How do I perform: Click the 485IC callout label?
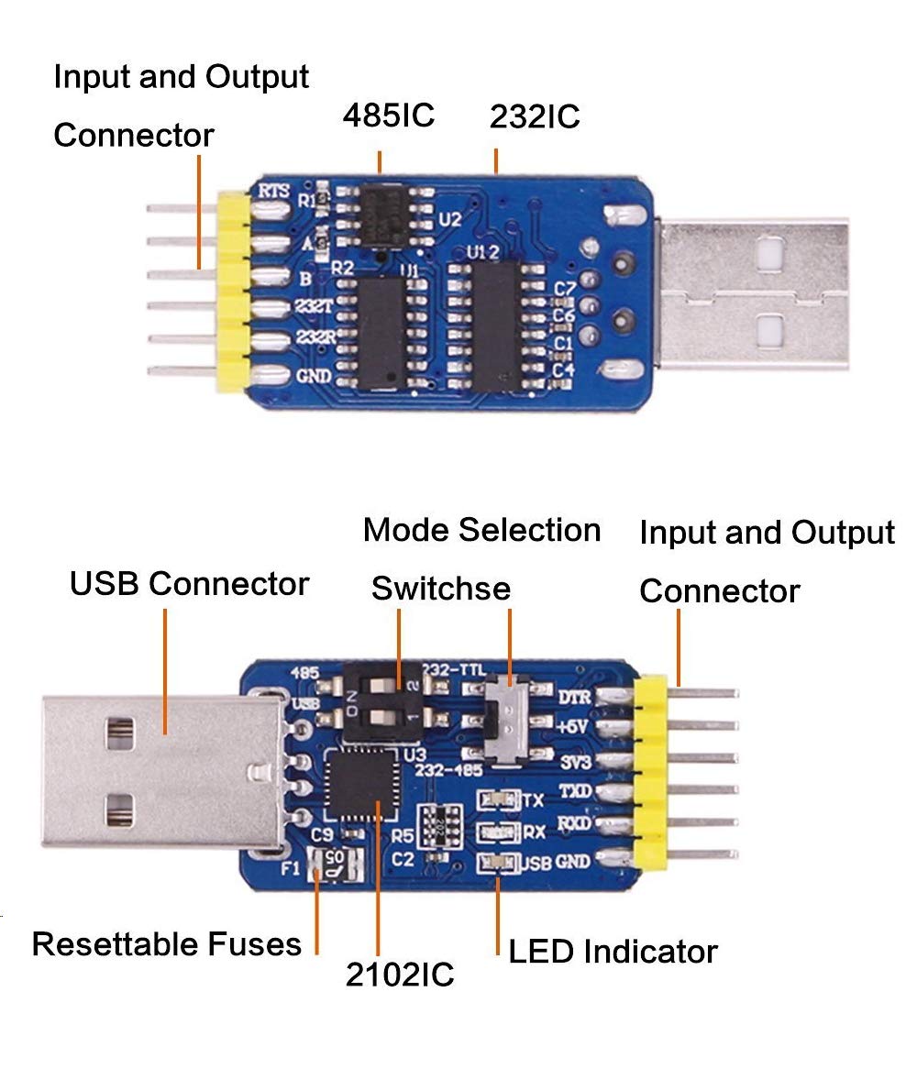click(x=388, y=116)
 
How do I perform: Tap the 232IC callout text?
click(x=535, y=117)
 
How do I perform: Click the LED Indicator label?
click(x=613, y=952)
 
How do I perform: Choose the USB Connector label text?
click(x=189, y=583)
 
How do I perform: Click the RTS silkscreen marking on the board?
click(x=274, y=192)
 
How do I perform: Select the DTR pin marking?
click(x=574, y=698)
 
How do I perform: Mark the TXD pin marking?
click(x=575, y=790)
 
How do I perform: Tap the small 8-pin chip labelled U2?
click(x=385, y=215)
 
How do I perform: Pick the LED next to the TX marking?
click(x=496, y=799)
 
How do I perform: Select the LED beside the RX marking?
click(x=497, y=832)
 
